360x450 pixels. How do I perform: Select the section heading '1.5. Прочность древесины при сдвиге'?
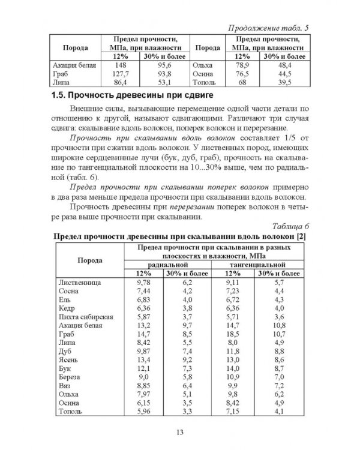pyautogui.click(x=130, y=97)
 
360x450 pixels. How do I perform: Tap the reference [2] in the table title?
pyautogui.click(x=301, y=236)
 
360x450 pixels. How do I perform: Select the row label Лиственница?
pyautogui.click(x=80, y=281)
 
